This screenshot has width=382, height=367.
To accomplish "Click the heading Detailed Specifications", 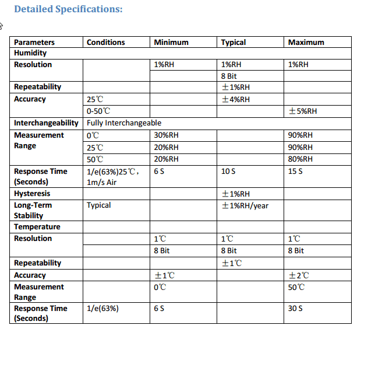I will (68, 9).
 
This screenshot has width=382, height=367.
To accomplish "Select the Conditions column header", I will (105, 42).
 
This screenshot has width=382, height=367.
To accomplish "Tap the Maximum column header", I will (306, 42).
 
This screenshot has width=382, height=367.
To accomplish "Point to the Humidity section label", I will (30, 53).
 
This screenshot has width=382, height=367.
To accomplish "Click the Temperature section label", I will (37, 227).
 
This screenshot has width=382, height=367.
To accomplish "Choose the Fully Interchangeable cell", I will (124, 123).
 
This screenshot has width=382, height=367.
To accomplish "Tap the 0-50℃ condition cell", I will (98, 111).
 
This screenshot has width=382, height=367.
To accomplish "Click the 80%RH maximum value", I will (300, 159).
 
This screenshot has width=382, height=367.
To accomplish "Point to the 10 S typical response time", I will (228, 172).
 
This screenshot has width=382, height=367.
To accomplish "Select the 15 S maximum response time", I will (295, 172).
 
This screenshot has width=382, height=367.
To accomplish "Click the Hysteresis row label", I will (32, 194).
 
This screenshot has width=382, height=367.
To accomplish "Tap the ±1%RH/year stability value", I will (245, 205).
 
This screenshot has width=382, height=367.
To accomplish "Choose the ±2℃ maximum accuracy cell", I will (299, 275).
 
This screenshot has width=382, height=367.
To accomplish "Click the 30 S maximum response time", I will (295, 309).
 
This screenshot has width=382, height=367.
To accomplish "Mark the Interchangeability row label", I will (46, 123).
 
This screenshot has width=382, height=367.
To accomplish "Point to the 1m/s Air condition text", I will (102, 182).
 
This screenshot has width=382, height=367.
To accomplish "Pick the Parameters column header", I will (34, 42).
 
